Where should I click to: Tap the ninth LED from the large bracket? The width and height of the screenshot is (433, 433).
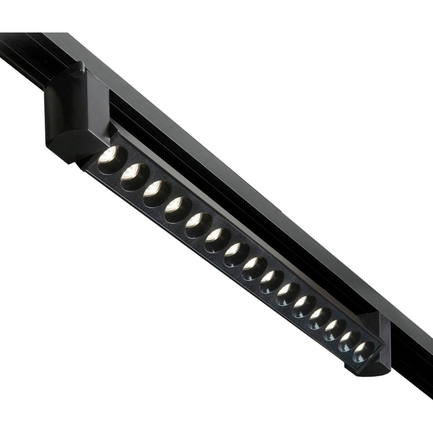(272, 281)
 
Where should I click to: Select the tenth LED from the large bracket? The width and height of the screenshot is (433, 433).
(289, 294)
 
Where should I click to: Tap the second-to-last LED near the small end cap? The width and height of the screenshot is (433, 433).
(350, 341)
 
